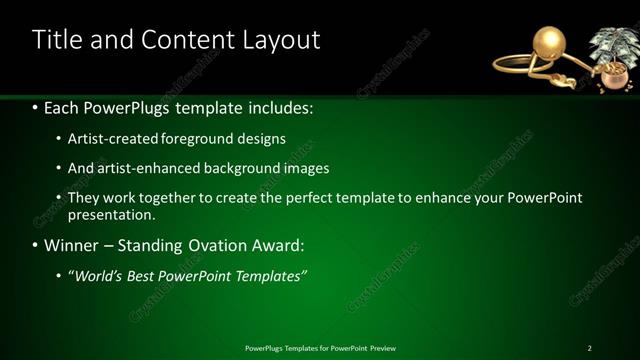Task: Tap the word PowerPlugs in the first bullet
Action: point(125,106)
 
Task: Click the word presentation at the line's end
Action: point(110,214)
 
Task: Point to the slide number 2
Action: point(589,348)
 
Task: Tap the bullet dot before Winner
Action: point(36,246)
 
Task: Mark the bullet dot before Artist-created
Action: point(59,139)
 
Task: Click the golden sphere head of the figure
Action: point(551,43)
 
